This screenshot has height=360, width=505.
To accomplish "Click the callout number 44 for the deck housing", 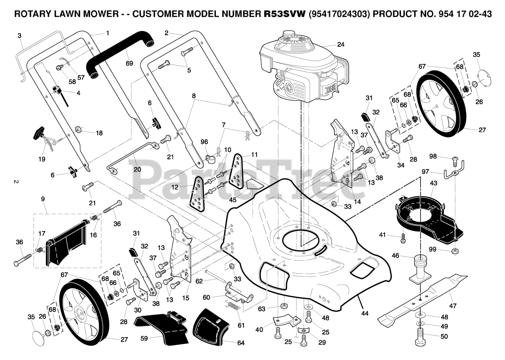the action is [x=365, y=313].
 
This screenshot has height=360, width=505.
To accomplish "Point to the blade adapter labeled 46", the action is [x=420, y=270].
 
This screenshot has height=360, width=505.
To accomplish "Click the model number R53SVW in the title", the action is [x=284, y=14].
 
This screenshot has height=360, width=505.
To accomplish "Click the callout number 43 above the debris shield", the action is [x=433, y=183].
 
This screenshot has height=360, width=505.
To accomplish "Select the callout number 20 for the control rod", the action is [x=137, y=169].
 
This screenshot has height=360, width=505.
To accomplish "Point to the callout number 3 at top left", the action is [x=19, y=36].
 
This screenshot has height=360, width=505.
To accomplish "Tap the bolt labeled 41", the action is [x=403, y=238].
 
